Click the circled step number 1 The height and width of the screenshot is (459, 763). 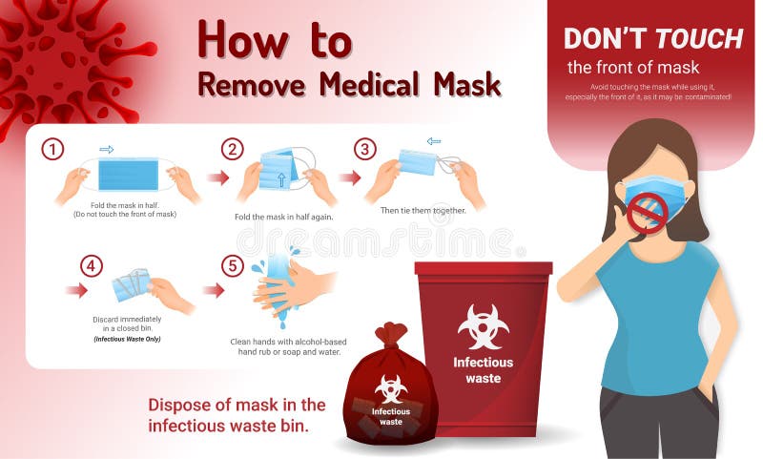[53, 149]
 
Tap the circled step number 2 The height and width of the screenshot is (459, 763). [233, 149]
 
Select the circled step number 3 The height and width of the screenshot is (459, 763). [365, 149]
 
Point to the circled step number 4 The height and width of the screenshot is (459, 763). [92, 265]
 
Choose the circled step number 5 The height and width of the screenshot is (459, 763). [233, 265]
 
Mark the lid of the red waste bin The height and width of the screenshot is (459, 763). [483, 268]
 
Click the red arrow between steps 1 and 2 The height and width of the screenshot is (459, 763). [218, 177]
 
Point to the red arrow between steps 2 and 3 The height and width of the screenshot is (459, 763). [350, 177]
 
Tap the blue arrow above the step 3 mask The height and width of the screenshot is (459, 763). [434, 141]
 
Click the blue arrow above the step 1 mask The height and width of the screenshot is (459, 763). [107, 149]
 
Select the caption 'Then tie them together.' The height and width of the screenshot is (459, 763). [423, 210]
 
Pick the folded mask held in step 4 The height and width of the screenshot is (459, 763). [131, 284]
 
